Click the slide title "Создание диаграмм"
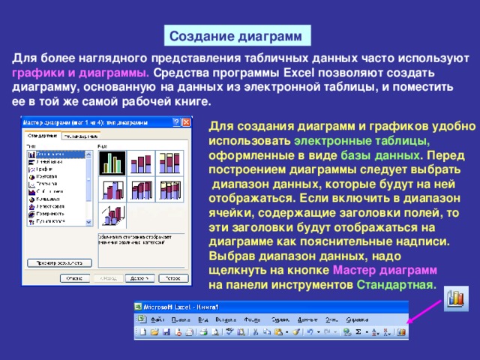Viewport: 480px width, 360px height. [235, 36]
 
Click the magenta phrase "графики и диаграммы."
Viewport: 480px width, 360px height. [82, 72]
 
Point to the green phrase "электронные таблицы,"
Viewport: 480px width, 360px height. [362, 141]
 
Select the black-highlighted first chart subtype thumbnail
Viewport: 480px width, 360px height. [113, 163]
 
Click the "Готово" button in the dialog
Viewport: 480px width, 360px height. [173, 277]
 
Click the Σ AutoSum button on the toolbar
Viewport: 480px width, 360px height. [358, 331]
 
